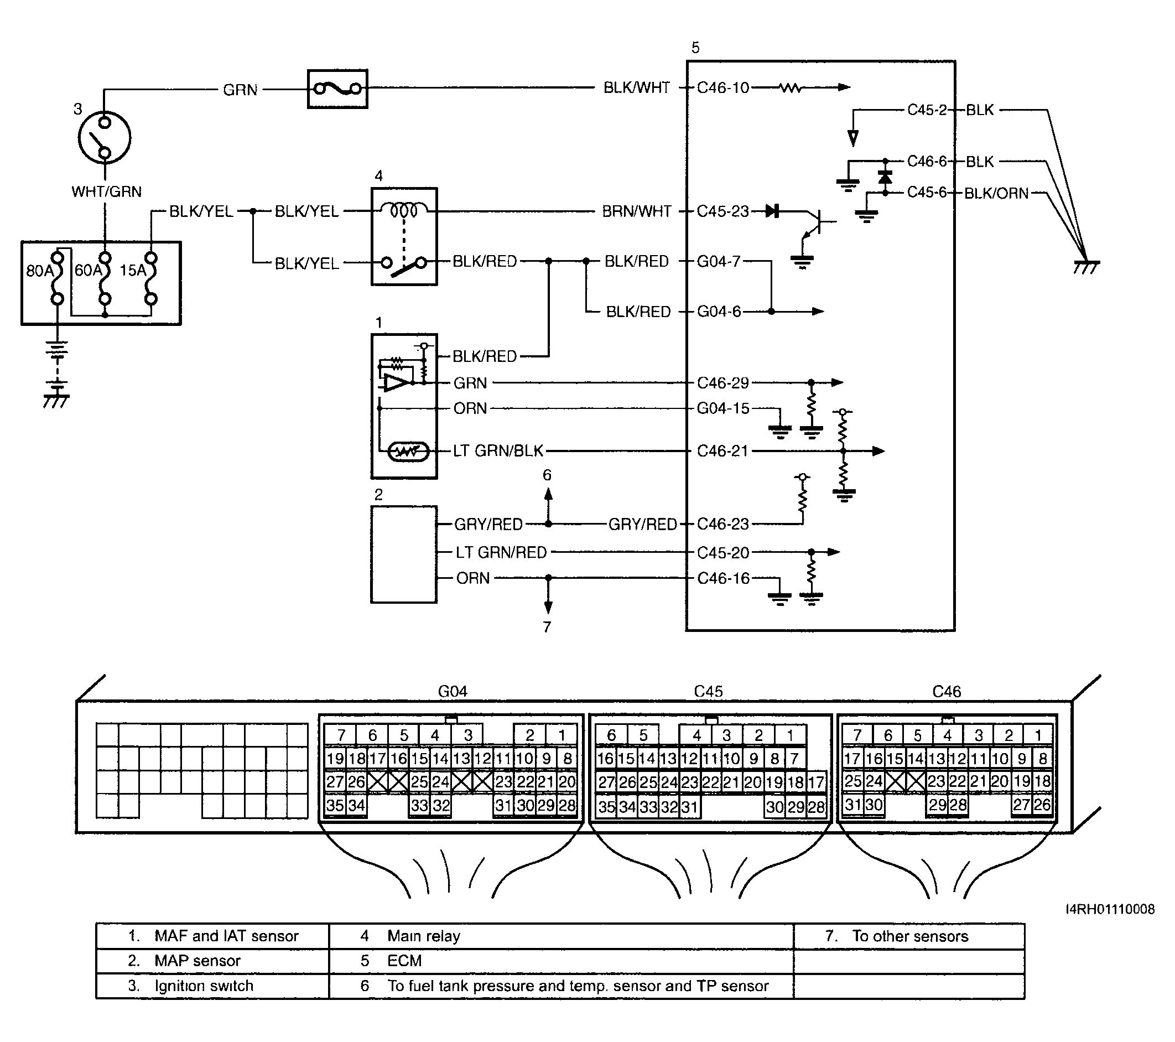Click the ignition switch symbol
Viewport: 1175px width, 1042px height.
pos(105,137)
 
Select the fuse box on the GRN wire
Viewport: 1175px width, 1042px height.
pos(337,89)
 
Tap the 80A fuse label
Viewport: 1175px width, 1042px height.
pos(39,270)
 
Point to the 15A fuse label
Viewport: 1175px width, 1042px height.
pos(132,270)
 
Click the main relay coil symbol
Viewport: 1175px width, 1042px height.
pos(404,210)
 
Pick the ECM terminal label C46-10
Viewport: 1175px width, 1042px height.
pos(722,87)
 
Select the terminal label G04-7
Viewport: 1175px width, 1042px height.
pos(719,262)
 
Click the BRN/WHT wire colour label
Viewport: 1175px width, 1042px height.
pos(636,211)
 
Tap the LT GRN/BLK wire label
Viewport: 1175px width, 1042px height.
pos(498,451)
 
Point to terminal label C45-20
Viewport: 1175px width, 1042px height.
pos(723,553)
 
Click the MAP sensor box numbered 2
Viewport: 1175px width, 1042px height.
pos(403,554)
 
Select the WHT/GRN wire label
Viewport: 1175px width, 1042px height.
pos(106,191)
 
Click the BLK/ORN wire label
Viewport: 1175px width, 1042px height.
pos(996,193)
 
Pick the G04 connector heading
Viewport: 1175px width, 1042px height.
pos(453,691)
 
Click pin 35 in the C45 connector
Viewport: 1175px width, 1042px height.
pos(606,807)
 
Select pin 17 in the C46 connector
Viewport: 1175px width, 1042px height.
pos(852,759)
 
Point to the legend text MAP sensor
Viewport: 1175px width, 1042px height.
pos(197,960)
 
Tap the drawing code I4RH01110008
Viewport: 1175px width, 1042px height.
pos(1110,909)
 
